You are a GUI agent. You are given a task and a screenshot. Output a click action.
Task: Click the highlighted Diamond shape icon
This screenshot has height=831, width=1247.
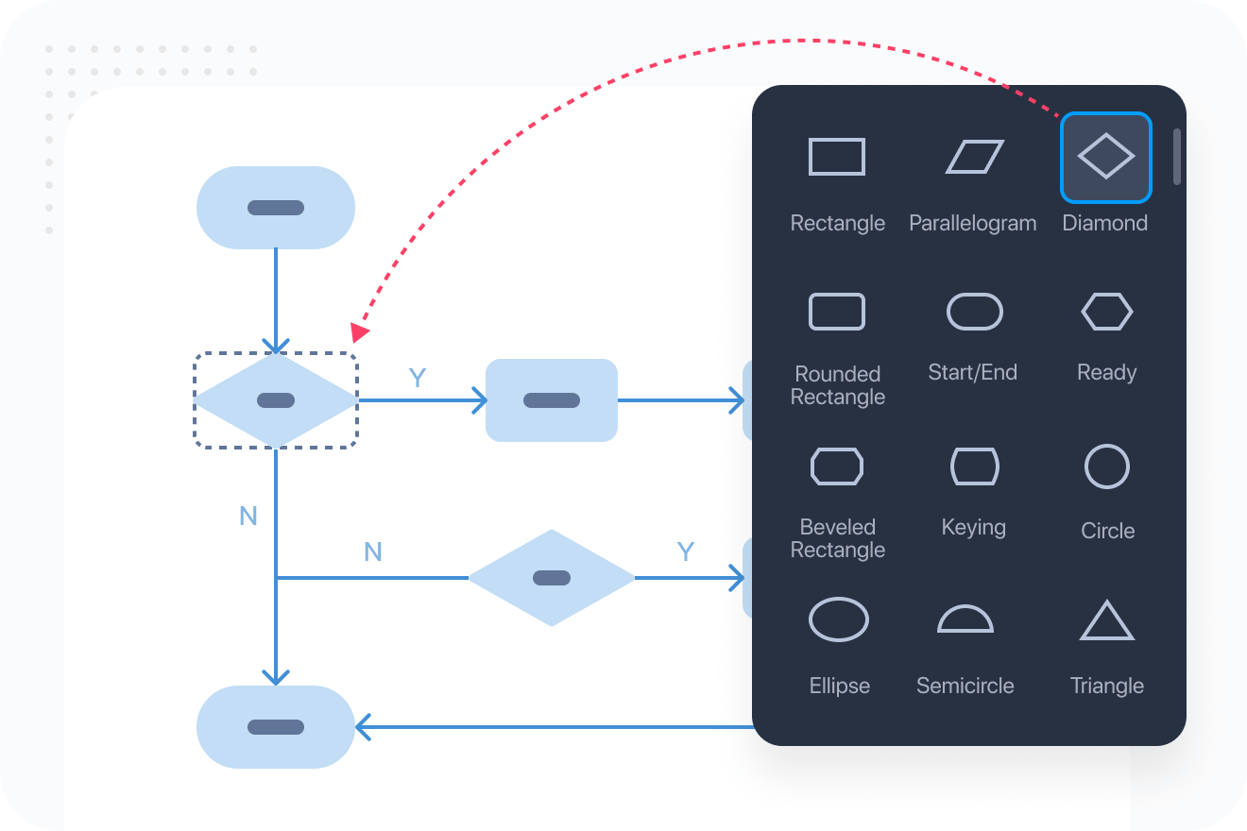pos(1105,157)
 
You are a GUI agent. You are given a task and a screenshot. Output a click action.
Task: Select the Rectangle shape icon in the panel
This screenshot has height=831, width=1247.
pos(837,157)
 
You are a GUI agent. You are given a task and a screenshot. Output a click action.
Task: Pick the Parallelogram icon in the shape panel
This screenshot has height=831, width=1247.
pos(974,157)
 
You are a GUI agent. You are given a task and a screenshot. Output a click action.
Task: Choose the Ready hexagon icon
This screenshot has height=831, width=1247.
pos(1106,312)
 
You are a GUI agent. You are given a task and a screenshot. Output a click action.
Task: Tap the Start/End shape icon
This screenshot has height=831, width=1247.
pos(974,312)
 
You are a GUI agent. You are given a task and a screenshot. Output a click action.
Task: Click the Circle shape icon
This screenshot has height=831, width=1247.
pos(1106,466)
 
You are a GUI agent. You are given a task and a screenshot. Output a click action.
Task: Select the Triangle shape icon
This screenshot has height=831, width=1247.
pos(1106,621)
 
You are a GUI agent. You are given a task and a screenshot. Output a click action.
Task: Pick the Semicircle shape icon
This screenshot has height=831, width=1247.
pos(965,619)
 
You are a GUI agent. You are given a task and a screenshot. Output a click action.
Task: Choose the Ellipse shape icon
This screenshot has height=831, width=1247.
pos(839,620)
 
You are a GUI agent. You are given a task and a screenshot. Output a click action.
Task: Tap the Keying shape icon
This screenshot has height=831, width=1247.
pos(974,466)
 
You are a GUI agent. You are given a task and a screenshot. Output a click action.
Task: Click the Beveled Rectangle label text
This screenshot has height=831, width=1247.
pos(838,538)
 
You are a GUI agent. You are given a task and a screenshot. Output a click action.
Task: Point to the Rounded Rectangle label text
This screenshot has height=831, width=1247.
pos(838,385)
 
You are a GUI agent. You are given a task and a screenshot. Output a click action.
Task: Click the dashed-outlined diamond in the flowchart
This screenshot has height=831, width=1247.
pos(276,400)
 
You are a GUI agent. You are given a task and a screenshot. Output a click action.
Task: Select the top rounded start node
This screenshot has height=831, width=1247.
pos(276,208)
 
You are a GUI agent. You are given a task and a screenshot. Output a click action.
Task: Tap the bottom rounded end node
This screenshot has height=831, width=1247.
pos(276,727)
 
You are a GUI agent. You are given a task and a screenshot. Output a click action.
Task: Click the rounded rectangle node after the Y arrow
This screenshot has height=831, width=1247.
pos(552,400)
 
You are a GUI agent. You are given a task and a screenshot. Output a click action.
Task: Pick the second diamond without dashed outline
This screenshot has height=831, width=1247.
pos(552,578)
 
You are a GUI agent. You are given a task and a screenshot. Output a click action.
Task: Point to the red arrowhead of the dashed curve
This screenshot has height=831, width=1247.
pos(359,332)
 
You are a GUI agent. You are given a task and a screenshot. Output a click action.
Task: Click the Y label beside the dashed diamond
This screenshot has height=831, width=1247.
pos(418,379)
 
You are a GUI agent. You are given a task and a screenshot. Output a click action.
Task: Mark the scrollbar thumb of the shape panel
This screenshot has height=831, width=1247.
pos(1177,157)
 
